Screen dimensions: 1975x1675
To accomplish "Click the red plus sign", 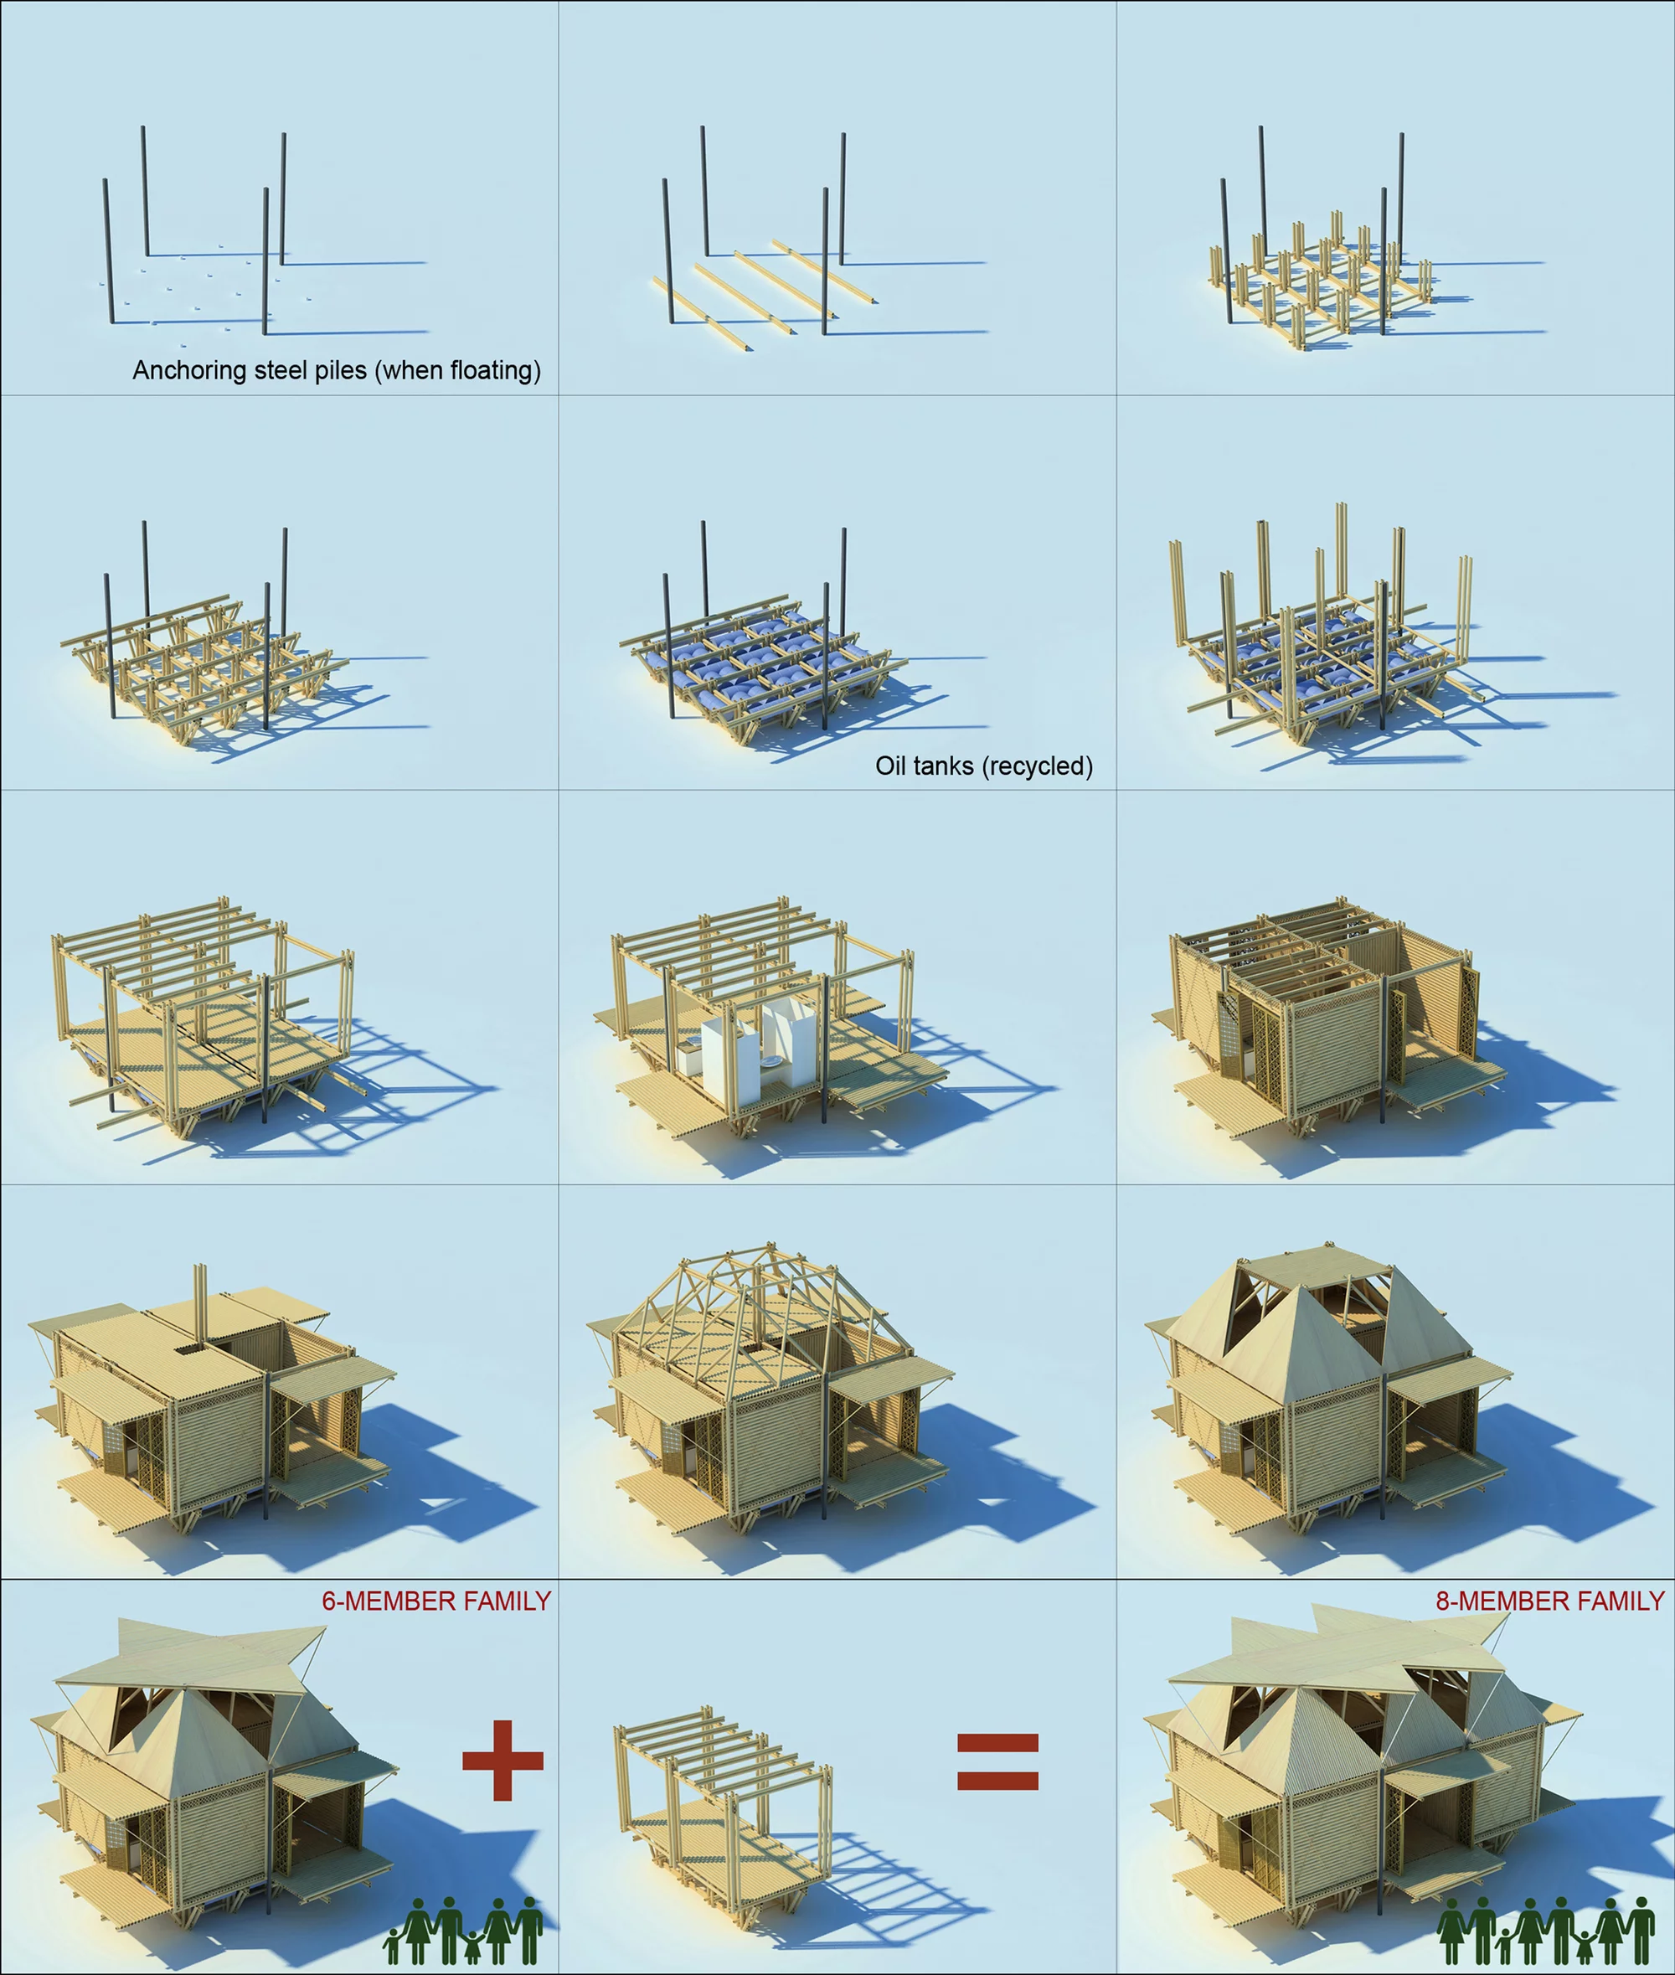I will click(x=502, y=1760).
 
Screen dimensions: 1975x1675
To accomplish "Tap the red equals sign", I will click(x=997, y=1761).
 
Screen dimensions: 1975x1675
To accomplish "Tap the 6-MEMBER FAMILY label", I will click(x=435, y=1601).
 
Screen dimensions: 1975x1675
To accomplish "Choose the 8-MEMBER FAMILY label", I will click(x=1549, y=1601).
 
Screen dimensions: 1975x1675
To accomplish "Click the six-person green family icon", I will click(x=464, y=1931).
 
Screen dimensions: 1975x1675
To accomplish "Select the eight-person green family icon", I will click(x=1545, y=1931).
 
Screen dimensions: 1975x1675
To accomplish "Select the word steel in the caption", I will click(x=281, y=370).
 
